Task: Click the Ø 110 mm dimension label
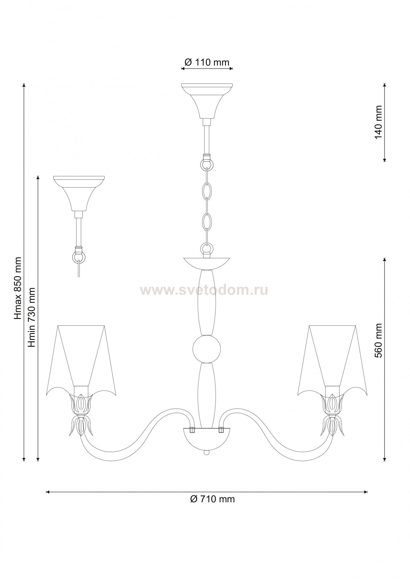(x=207, y=62)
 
